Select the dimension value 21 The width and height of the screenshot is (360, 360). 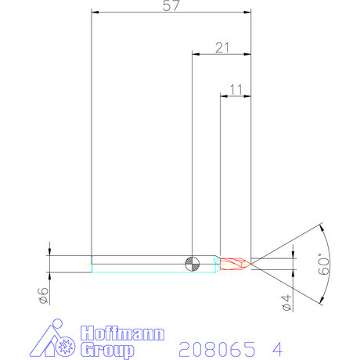click(x=221, y=48)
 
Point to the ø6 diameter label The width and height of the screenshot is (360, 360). click(x=44, y=295)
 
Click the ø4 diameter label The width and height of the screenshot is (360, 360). click(x=286, y=303)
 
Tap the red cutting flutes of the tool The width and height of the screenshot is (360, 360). click(x=234, y=264)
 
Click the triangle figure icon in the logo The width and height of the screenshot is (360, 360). click(x=53, y=341)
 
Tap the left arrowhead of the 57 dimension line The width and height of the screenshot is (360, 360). click(x=95, y=12)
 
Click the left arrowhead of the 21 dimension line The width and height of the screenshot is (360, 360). click(x=196, y=54)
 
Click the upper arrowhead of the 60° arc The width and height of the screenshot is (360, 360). click(x=322, y=228)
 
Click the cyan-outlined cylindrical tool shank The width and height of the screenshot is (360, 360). click(x=141, y=264)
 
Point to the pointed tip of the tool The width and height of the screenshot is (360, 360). click(x=250, y=263)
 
